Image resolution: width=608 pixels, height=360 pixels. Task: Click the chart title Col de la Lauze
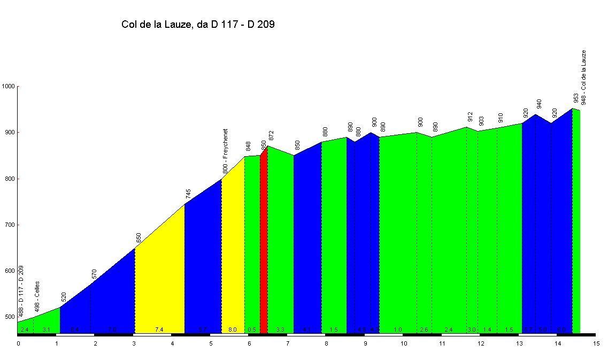198,24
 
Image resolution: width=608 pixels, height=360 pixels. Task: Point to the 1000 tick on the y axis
9,86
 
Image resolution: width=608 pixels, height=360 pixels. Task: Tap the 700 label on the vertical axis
9,225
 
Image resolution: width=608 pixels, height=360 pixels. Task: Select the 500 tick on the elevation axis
9,317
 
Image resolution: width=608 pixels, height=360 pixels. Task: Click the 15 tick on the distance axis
596,343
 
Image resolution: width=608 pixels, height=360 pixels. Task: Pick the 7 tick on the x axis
287,343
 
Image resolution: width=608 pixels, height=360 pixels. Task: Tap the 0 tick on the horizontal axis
18,343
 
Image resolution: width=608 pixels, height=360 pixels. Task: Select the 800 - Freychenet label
225,150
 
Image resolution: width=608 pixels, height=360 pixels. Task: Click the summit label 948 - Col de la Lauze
583,77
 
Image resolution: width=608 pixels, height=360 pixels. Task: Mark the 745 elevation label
188,194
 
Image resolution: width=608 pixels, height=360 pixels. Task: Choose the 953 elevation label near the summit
576,98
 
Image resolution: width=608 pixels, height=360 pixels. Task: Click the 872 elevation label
271,135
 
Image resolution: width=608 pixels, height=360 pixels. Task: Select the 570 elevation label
95,274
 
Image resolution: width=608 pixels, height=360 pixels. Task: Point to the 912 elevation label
470,117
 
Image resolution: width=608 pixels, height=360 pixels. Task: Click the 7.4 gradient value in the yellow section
159,330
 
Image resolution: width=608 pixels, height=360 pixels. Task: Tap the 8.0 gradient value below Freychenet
232,330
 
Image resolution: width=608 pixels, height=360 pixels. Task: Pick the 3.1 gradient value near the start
47,330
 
